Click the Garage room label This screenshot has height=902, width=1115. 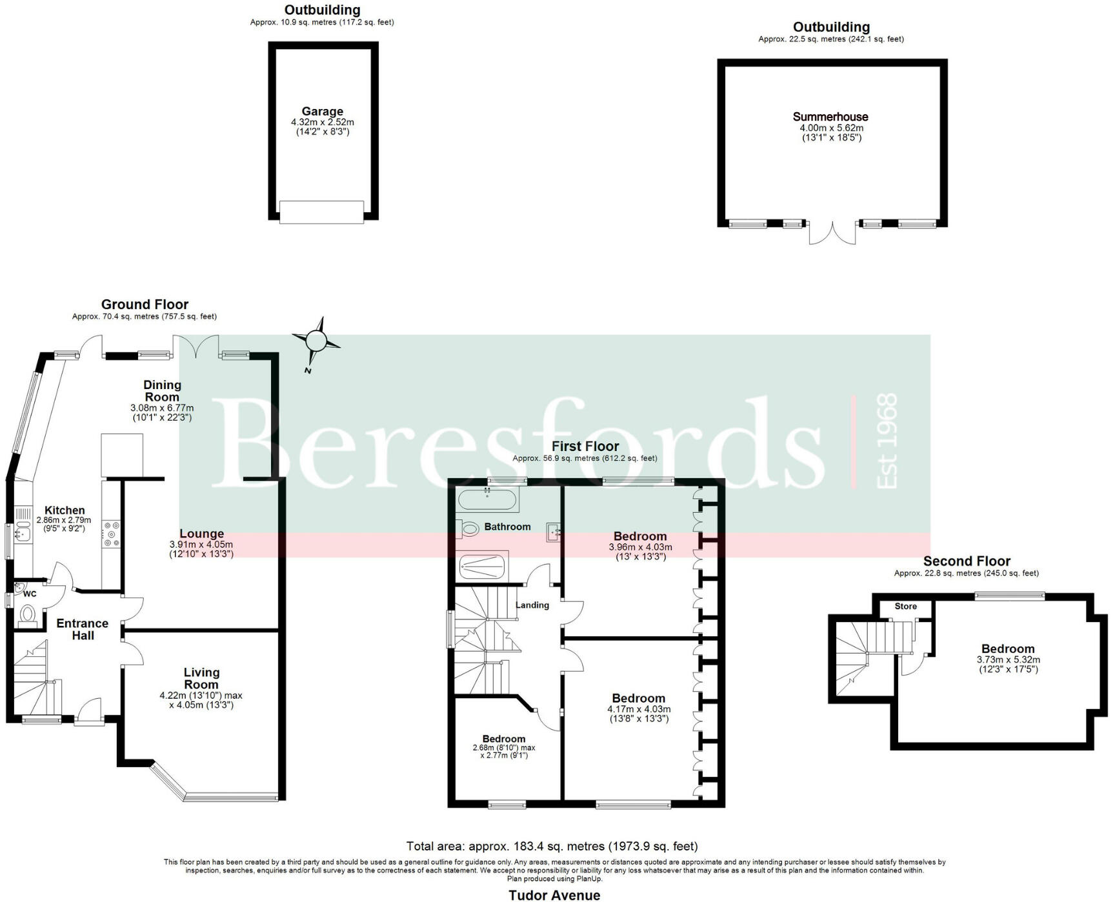click(x=322, y=112)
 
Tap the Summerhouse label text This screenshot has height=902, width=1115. click(x=830, y=117)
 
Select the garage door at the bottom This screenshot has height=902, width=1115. click(x=321, y=212)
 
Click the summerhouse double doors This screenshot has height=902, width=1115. click(x=832, y=234)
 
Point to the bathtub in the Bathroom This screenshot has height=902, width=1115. click(x=487, y=499)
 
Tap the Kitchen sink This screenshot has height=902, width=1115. click(x=24, y=533)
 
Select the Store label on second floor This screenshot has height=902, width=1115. click(x=905, y=606)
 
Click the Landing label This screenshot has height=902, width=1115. click(x=532, y=605)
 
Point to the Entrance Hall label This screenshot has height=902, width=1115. click(x=83, y=629)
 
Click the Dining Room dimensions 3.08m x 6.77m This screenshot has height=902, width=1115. click(x=162, y=408)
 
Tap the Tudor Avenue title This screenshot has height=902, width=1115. click(x=554, y=895)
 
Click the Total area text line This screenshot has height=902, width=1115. click(x=552, y=846)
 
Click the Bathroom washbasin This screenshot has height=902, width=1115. click(x=554, y=532)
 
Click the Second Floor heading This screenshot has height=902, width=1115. click(x=966, y=561)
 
